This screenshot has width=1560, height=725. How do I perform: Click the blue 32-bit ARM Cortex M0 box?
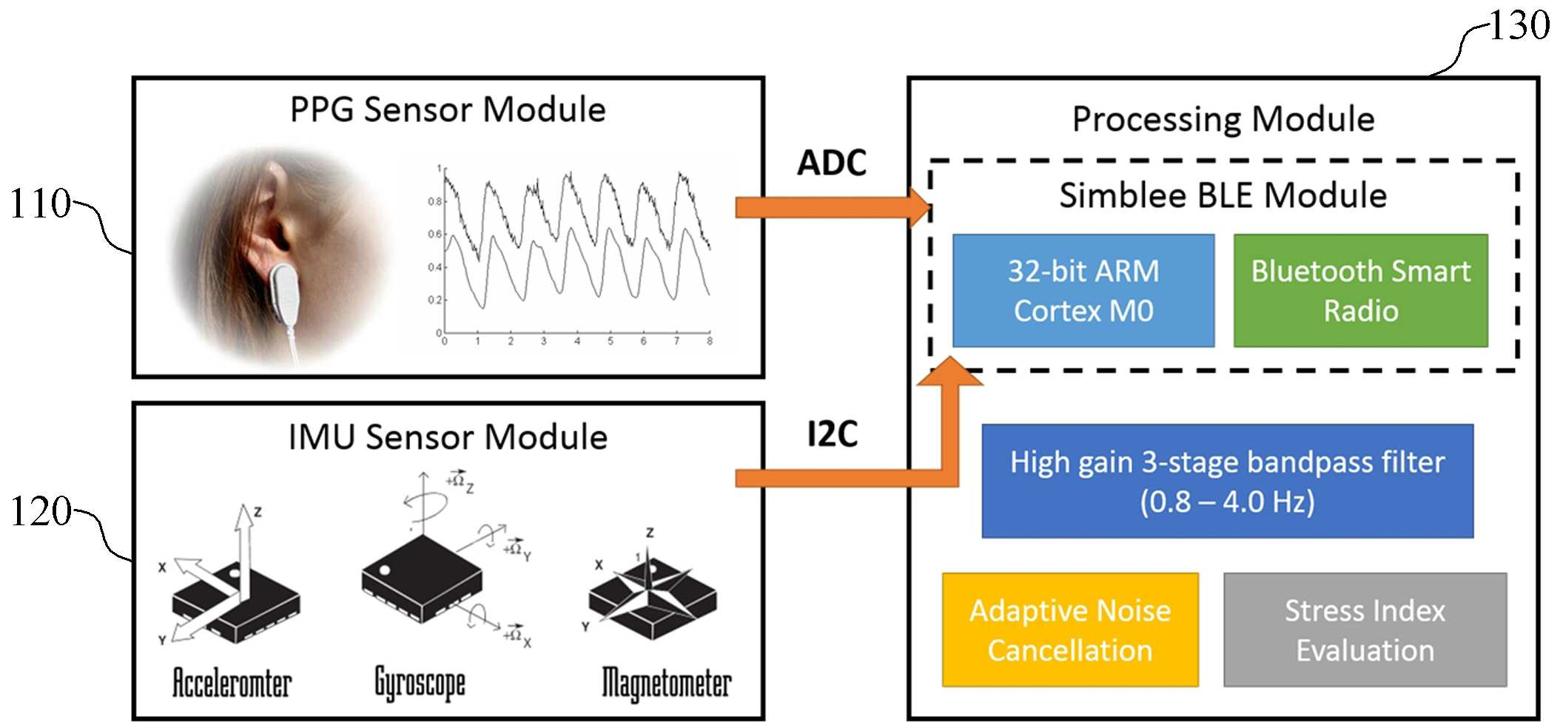(x=1083, y=291)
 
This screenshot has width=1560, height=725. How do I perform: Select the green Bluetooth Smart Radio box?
(x=1360, y=291)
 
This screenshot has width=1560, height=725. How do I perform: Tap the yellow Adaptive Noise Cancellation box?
(x=1070, y=630)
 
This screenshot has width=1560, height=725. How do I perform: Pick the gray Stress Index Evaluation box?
(x=1365, y=630)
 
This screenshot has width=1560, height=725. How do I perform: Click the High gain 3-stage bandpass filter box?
(x=1227, y=482)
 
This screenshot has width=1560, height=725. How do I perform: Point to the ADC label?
(x=832, y=163)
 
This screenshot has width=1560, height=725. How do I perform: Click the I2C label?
(x=833, y=434)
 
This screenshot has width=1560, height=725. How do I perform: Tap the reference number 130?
(x=1519, y=25)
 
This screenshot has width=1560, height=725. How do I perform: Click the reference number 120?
(x=41, y=511)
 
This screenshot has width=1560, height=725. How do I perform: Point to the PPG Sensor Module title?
(x=448, y=109)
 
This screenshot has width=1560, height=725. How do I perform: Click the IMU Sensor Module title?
(x=448, y=437)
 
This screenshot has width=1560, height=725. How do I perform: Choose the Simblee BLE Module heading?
(x=1223, y=196)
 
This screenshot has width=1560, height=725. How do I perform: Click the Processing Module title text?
(x=1223, y=120)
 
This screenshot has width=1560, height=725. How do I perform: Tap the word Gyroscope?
(x=420, y=684)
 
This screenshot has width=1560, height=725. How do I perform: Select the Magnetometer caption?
(x=666, y=684)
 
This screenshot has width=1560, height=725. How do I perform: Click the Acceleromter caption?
(x=232, y=682)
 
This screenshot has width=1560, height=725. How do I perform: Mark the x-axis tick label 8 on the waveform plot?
(x=710, y=341)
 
